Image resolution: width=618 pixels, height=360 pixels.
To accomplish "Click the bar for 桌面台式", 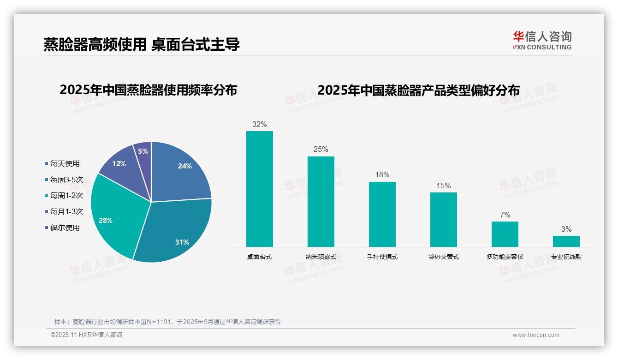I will click(259, 189).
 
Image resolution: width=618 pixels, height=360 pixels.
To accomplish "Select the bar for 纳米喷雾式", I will click(321, 202).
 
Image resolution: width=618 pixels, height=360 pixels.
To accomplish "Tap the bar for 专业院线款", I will click(566, 241).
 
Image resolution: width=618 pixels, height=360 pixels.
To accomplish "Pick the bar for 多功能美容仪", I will click(505, 234).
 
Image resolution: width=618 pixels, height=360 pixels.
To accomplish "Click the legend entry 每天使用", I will click(65, 164).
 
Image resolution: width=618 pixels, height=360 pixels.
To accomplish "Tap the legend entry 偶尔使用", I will click(65, 228).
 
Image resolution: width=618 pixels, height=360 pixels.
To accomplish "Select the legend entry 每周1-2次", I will click(66, 196).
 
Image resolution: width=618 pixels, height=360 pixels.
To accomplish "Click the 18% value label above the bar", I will click(382, 174).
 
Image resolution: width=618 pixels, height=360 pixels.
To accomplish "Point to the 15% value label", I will click(443, 186).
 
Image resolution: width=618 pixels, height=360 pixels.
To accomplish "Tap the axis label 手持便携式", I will click(382, 257).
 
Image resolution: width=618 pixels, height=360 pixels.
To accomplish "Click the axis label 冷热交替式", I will click(443, 257).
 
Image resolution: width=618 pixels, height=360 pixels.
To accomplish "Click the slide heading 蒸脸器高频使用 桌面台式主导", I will click(142, 45).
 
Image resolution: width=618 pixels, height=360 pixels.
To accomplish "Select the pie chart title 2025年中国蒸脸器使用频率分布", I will click(148, 90).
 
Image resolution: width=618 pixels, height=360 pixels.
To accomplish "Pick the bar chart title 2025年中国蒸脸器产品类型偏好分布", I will click(418, 90).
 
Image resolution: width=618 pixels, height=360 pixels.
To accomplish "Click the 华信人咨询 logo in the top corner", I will click(542, 40).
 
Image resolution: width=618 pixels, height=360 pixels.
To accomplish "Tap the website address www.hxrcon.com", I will click(536, 335).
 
